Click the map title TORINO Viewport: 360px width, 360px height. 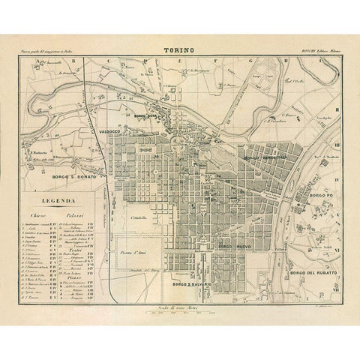coord(180,52)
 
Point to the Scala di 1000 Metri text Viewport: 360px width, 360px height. coord(180,297)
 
